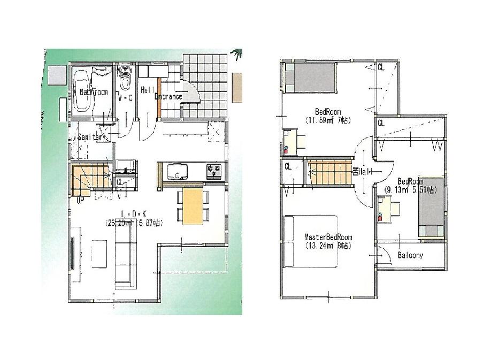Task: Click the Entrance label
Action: [x=168, y=97]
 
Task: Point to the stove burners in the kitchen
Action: [x=214, y=171]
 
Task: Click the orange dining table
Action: [x=193, y=206]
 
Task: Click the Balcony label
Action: [x=410, y=256]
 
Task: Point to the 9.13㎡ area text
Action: [x=398, y=189]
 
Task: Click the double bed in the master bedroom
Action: [x=310, y=241]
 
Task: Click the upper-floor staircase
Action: [x=329, y=172]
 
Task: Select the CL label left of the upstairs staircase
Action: [x=287, y=166]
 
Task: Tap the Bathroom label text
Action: [x=94, y=92]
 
